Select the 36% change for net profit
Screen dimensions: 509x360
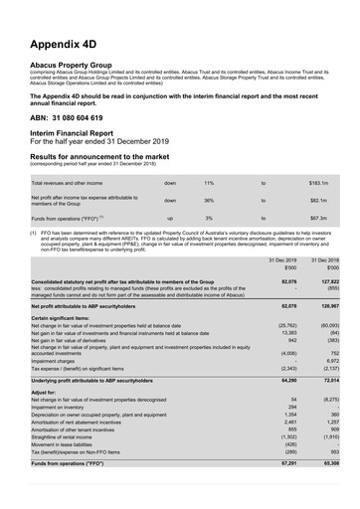pyautogui.click(x=209, y=200)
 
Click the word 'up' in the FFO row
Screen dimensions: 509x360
pyautogui.click(x=170, y=217)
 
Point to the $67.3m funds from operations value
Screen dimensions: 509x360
pyautogui.click(x=319, y=217)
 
